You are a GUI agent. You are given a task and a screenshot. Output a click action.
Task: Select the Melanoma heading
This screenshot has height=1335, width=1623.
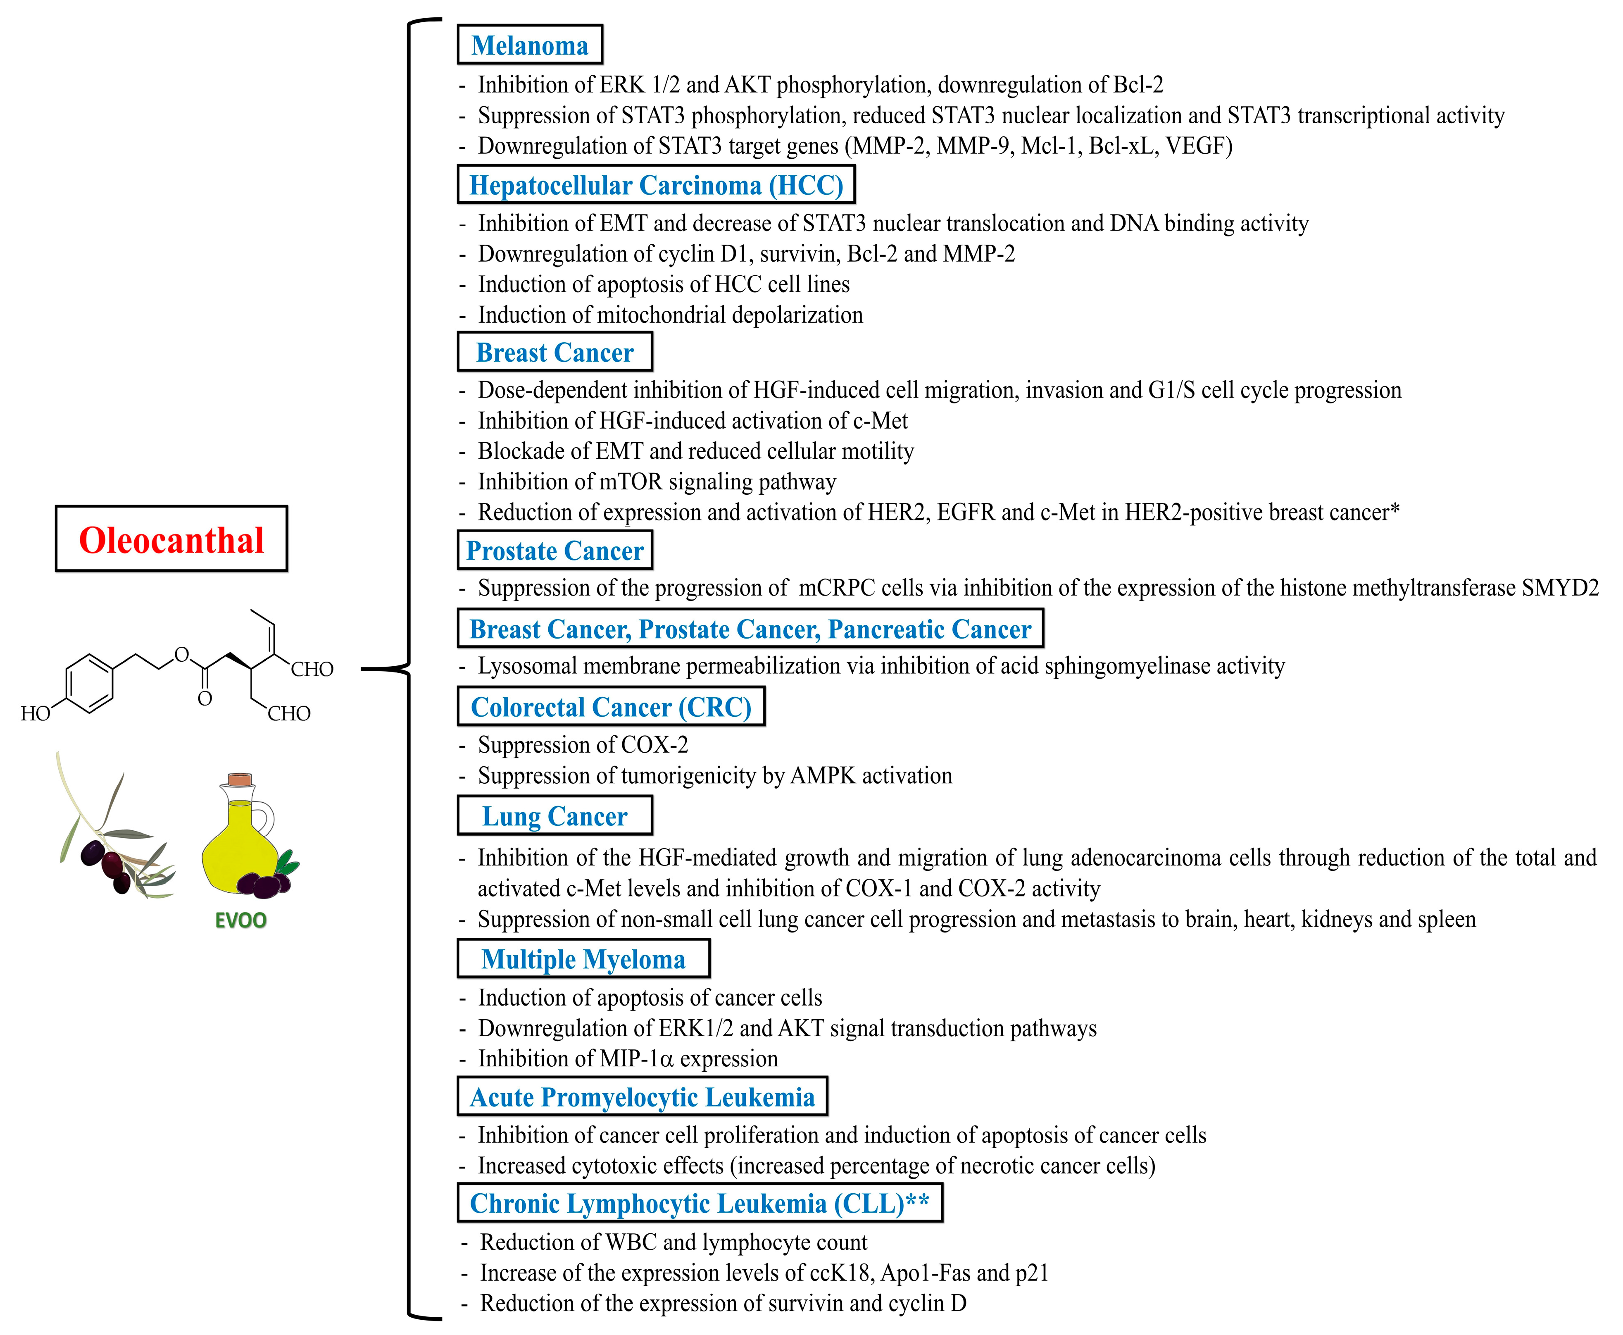pos(530,45)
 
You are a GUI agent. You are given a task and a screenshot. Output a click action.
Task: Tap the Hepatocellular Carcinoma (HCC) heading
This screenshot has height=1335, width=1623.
pos(656,185)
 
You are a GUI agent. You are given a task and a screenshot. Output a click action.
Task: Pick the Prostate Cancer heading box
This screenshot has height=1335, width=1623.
pos(554,551)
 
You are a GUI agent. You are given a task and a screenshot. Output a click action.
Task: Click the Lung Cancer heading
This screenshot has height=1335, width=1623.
pos(554,816)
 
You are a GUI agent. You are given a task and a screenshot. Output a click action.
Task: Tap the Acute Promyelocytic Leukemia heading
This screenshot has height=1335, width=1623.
pos(642,1097)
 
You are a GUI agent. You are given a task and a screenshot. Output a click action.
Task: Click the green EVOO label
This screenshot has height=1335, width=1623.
pos(240,920)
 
